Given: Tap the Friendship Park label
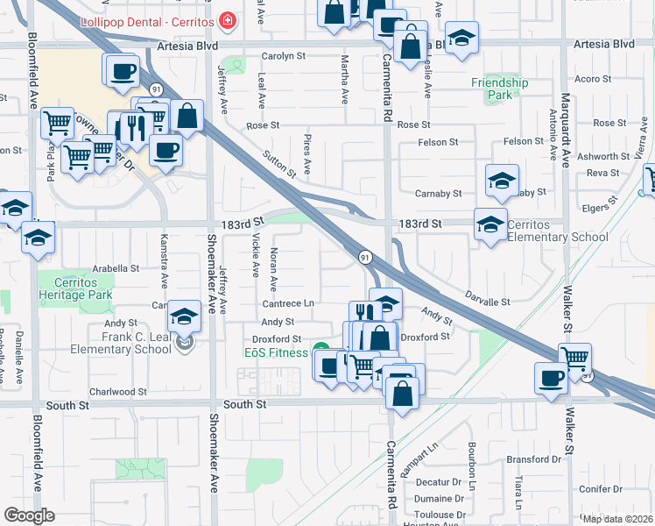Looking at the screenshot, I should [x=500, y=89].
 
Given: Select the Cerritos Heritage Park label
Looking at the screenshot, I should [x=75, y=289].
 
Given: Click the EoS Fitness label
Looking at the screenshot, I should [x=276, y=352].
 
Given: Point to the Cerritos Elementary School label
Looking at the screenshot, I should [x=557, y=231].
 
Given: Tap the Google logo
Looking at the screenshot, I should [x=30, y=515].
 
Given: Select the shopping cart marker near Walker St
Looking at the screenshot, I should [x=575, y=357].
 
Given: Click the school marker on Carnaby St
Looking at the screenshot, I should [x=501, y=181].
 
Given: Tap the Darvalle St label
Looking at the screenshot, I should [x=488, y=302].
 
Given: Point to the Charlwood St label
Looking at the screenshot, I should [x=118, y=392].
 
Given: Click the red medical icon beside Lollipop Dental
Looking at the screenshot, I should [x=229, y=19].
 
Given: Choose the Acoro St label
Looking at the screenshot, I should [x=593, y=79].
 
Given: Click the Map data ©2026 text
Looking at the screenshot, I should [x=616, y=518].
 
